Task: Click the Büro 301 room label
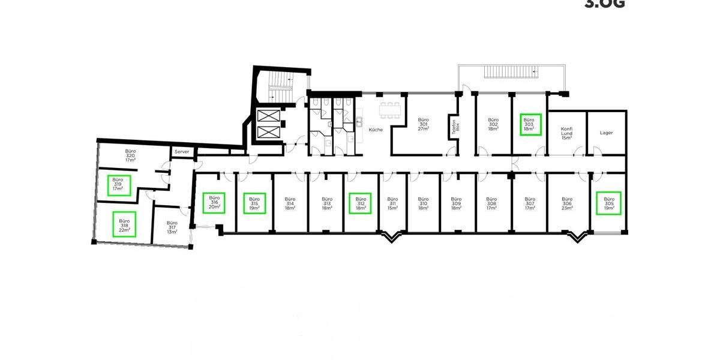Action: [423, 124]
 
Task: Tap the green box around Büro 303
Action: [530, 124]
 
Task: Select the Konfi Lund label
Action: [566, 133]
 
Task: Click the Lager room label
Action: [606, 133]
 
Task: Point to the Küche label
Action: [376, 130]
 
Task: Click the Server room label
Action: [182, 152]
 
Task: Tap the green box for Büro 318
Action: [124, 224]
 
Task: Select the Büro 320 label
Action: [130, 155]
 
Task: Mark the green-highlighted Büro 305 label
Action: [609, 203]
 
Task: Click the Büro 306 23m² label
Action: [568, 203]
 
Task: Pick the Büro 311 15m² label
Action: [392, 203]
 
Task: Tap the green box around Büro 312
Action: [361, 203]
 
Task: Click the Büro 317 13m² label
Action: [172, 226]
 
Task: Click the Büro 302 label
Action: [493, 124]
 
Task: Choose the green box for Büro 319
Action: [118, 184]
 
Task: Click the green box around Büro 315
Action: [254, 203]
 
